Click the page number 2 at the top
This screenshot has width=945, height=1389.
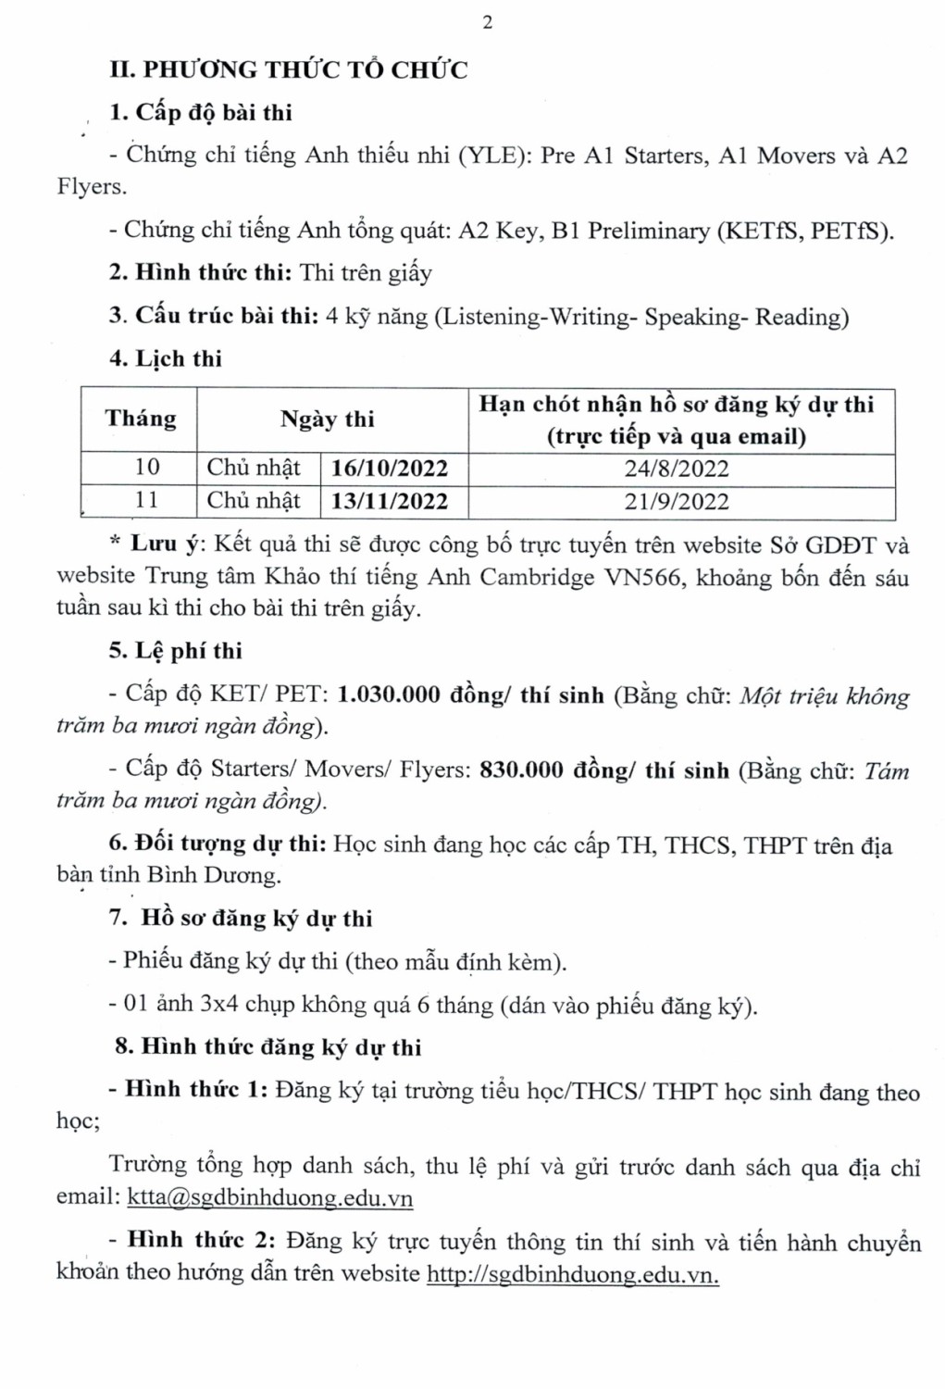click(488, 23)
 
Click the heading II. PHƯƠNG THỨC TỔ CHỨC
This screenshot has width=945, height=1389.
click(289, 70)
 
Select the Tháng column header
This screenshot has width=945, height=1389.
click(140, 419)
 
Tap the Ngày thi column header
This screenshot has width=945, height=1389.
click(328, 419)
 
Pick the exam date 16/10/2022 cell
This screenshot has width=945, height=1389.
click(390, 469)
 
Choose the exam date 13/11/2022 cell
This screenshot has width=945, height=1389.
click(390, 502)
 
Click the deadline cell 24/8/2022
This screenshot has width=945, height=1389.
click(677, 469)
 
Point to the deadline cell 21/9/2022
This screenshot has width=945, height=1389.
click(677, 502)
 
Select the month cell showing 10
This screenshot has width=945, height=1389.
click(147, 468)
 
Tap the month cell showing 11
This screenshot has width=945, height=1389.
click(147, 501)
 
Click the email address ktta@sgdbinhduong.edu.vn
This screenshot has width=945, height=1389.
click(269, 1198)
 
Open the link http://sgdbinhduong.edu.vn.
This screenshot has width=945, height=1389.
click(572, 1274)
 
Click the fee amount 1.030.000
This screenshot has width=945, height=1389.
click(389, 695)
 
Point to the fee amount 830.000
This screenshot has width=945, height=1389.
click(521, 770)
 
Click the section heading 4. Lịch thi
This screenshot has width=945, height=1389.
click(166, 359)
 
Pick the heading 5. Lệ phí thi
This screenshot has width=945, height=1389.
click(176, 651)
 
